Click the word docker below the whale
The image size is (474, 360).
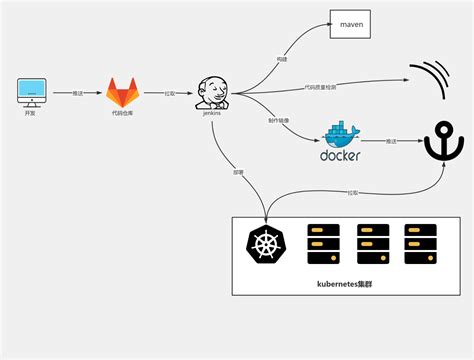pos(339,155)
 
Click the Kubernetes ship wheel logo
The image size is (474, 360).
pos(265,244)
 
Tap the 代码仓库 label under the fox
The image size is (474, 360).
pos(125,114)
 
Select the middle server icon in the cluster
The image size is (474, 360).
pos(372,243)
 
